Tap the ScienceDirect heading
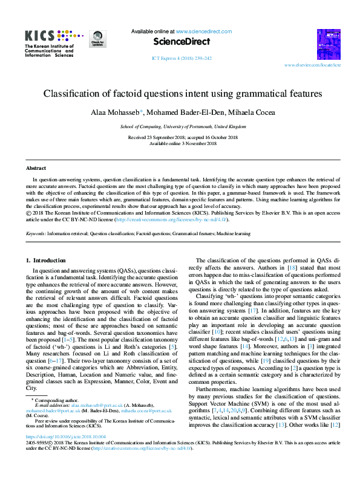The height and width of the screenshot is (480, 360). pyautogui.click(x=181, y=42)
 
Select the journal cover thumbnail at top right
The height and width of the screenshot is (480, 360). pyautogui.click(x=329, y=44)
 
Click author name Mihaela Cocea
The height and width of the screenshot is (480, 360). pyautogui.click(x=238, y=113)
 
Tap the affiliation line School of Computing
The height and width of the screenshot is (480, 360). pyautogui.click(x=183, y=127)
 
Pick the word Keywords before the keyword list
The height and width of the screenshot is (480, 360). pyautogui.click(x=36, y=233)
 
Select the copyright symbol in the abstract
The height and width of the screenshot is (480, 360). pyautogui.click(x=28, y=213)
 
